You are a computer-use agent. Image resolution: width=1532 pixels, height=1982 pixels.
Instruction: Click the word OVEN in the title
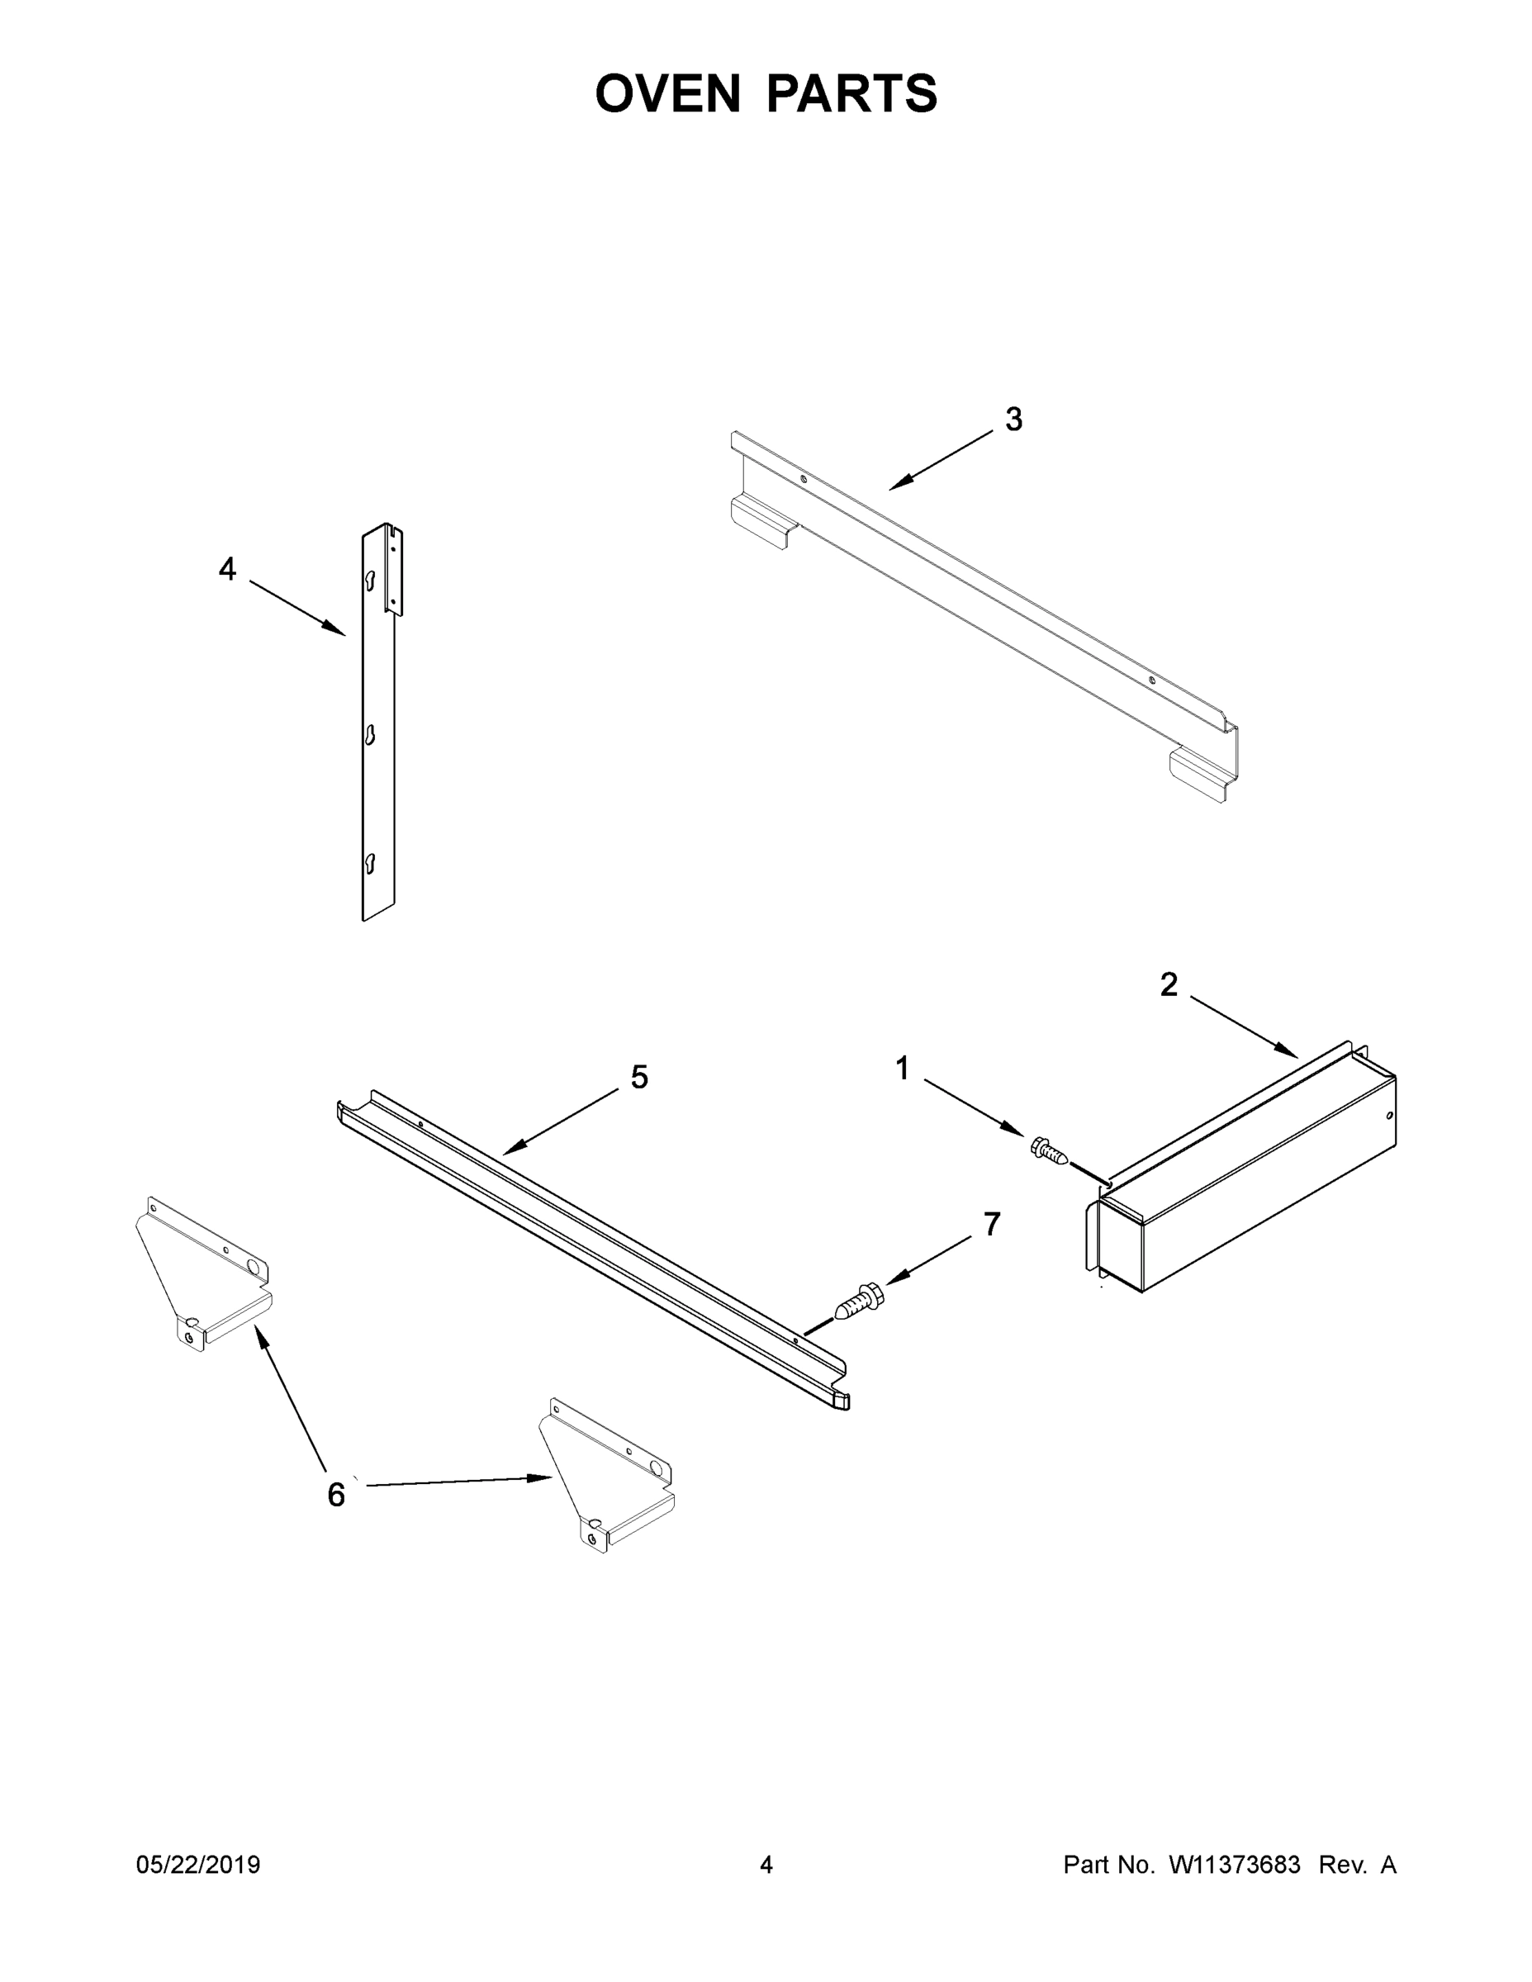pos(667,93)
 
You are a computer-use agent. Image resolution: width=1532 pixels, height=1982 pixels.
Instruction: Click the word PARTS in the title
pos(851,93)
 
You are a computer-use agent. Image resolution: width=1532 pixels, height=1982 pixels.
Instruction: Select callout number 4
pos(227,569)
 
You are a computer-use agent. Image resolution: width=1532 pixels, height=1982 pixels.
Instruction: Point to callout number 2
pos(1168,984)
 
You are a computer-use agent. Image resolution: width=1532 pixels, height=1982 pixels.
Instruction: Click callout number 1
pos(902,1068)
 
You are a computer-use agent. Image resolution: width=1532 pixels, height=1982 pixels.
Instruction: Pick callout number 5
pos(640,1077)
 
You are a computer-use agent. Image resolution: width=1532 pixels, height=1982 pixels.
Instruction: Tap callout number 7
pos(992,1224)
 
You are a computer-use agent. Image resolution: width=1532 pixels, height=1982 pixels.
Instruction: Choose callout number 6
pos(336,1495)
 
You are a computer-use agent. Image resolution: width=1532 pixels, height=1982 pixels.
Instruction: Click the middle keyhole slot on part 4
pos(369,734)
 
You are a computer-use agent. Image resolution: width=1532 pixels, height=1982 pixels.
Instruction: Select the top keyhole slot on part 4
pos(369,581)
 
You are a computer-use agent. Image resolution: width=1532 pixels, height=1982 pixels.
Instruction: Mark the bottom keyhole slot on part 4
pos(369,863)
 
